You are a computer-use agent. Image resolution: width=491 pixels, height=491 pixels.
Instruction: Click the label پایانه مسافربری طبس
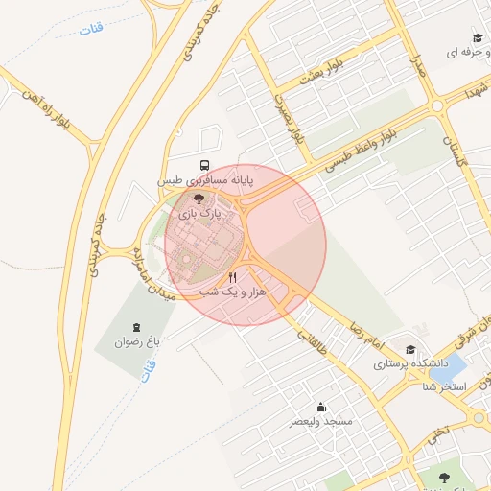pos(207,179)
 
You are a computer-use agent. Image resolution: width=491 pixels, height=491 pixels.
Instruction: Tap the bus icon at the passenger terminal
pos(203,165)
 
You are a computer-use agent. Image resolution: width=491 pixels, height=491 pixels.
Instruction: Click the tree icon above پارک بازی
pos(199,198)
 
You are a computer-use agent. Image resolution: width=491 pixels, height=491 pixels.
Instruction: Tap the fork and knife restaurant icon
pos(233,276)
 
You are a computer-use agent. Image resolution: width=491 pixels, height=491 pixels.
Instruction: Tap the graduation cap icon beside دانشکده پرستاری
pos(411,350)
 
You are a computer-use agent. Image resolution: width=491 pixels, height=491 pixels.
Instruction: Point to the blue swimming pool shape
pos(454,365)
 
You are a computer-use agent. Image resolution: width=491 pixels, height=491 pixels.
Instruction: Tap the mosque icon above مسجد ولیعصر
pos(320,407)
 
